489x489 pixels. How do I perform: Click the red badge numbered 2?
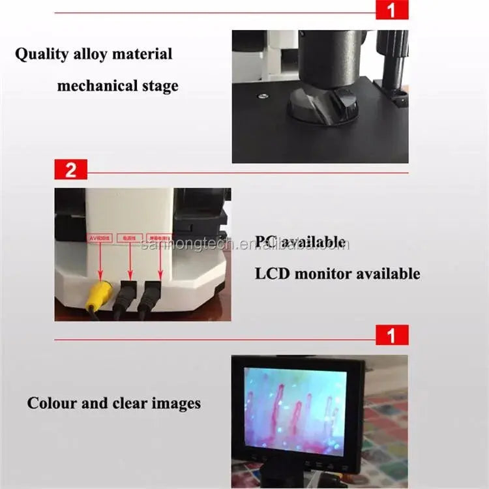coord(70,171)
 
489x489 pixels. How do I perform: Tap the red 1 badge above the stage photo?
coord(392,10)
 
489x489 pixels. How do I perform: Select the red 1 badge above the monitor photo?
coord(392,335)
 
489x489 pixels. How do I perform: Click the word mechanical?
coord(96,85)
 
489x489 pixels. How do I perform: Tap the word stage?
coord(160,86)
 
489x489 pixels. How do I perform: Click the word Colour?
coord(54,403)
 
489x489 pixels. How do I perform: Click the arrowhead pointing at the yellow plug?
coord(100,276)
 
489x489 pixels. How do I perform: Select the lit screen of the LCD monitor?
coord(295,411)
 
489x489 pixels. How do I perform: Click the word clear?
coord(128,403)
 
